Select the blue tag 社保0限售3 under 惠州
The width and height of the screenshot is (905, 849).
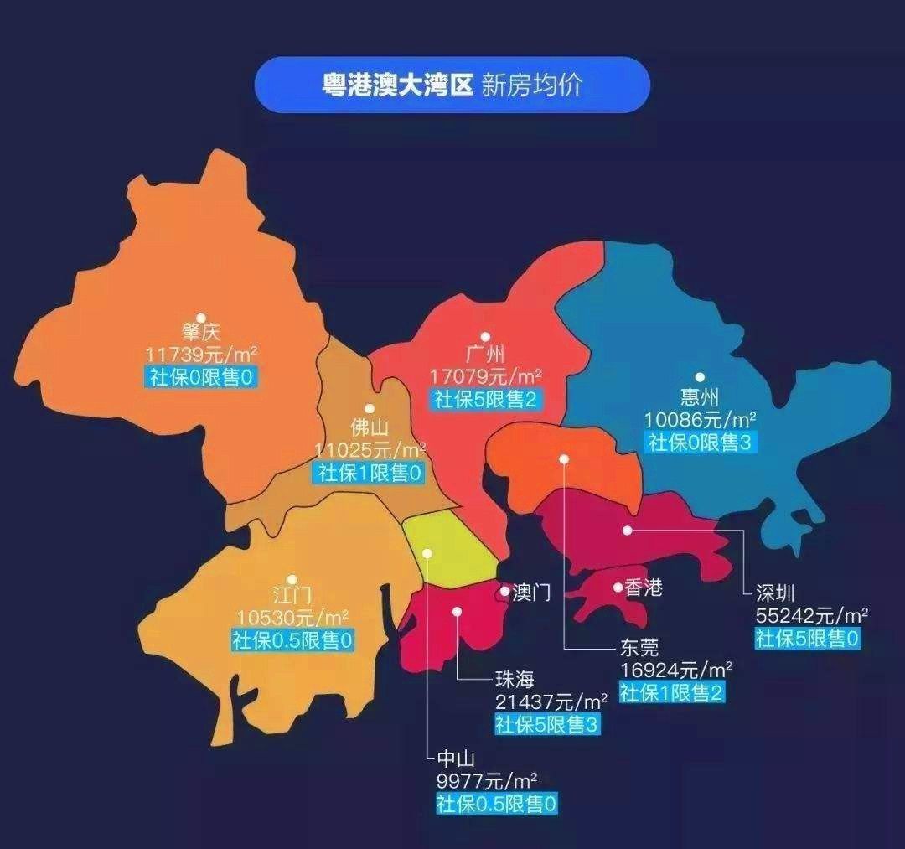pos(700,443)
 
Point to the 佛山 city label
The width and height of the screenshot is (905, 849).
pos(370,427)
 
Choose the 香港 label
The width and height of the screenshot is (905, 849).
pos(644,588)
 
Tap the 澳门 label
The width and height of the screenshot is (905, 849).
pos(531,593)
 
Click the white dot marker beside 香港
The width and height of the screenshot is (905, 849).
pos(618,588)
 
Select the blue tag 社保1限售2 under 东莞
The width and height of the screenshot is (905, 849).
pos(671,692)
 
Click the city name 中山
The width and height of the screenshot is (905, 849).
pos(457,760)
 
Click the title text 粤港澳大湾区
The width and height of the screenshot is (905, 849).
pos(399,85)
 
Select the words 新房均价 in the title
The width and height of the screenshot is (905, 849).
pos(531,85)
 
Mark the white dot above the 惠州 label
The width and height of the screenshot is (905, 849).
pos(700,377)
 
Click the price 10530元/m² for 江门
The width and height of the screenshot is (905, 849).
pos(292,618)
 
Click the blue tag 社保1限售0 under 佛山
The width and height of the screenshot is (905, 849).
pos(370,473)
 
